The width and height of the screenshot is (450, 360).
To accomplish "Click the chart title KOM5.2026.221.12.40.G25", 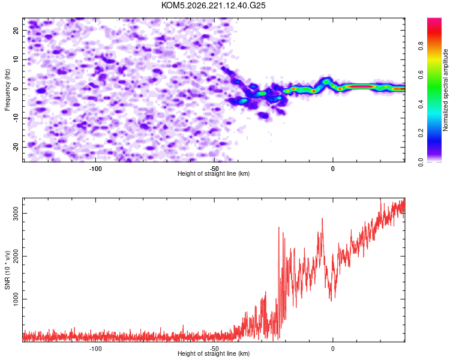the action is pyautogui.click(x=213, y=5).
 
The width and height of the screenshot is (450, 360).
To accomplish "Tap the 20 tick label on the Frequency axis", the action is pyautogui.click(x=16, y=30).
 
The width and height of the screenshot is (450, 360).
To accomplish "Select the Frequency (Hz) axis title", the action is pyautogui.click(x=7, y=89).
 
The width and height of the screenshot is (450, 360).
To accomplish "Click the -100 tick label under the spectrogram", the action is pyautogui.click(x=95, y=169).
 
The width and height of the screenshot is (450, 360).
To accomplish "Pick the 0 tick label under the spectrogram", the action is pyautogui.click(x=332, y=169).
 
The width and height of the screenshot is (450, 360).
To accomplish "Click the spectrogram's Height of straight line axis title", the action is pyautogui.click(x=214, y=173).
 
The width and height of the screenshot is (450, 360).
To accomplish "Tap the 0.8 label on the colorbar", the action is pyautogui.click(x=421, y=46).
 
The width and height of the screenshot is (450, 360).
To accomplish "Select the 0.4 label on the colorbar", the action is pyautogui.click(x=421, y=104).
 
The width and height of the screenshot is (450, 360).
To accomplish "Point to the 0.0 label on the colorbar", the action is pyautogui.click(x=421, y=162).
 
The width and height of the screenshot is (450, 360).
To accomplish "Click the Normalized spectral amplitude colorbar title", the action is pyautogui.click(x=445, y=89).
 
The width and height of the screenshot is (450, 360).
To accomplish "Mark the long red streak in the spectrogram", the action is pyautogui.click(x=360, y=86).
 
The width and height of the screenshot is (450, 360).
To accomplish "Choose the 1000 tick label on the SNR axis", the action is pyautogui.click(x=16, y=299).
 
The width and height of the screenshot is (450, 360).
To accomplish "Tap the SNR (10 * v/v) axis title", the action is pyautogui.click(x=7, y=270).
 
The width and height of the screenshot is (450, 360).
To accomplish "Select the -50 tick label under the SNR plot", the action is pyautogui.click(x=214, y=349).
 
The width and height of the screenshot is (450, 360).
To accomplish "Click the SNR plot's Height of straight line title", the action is pyautogui.click(x=214, y=353).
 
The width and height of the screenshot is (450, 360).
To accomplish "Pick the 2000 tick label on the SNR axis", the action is pyautogui.click(x=16, y=256).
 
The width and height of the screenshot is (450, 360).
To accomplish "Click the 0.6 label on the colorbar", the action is pyautogui.click(x=421, y=75).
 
